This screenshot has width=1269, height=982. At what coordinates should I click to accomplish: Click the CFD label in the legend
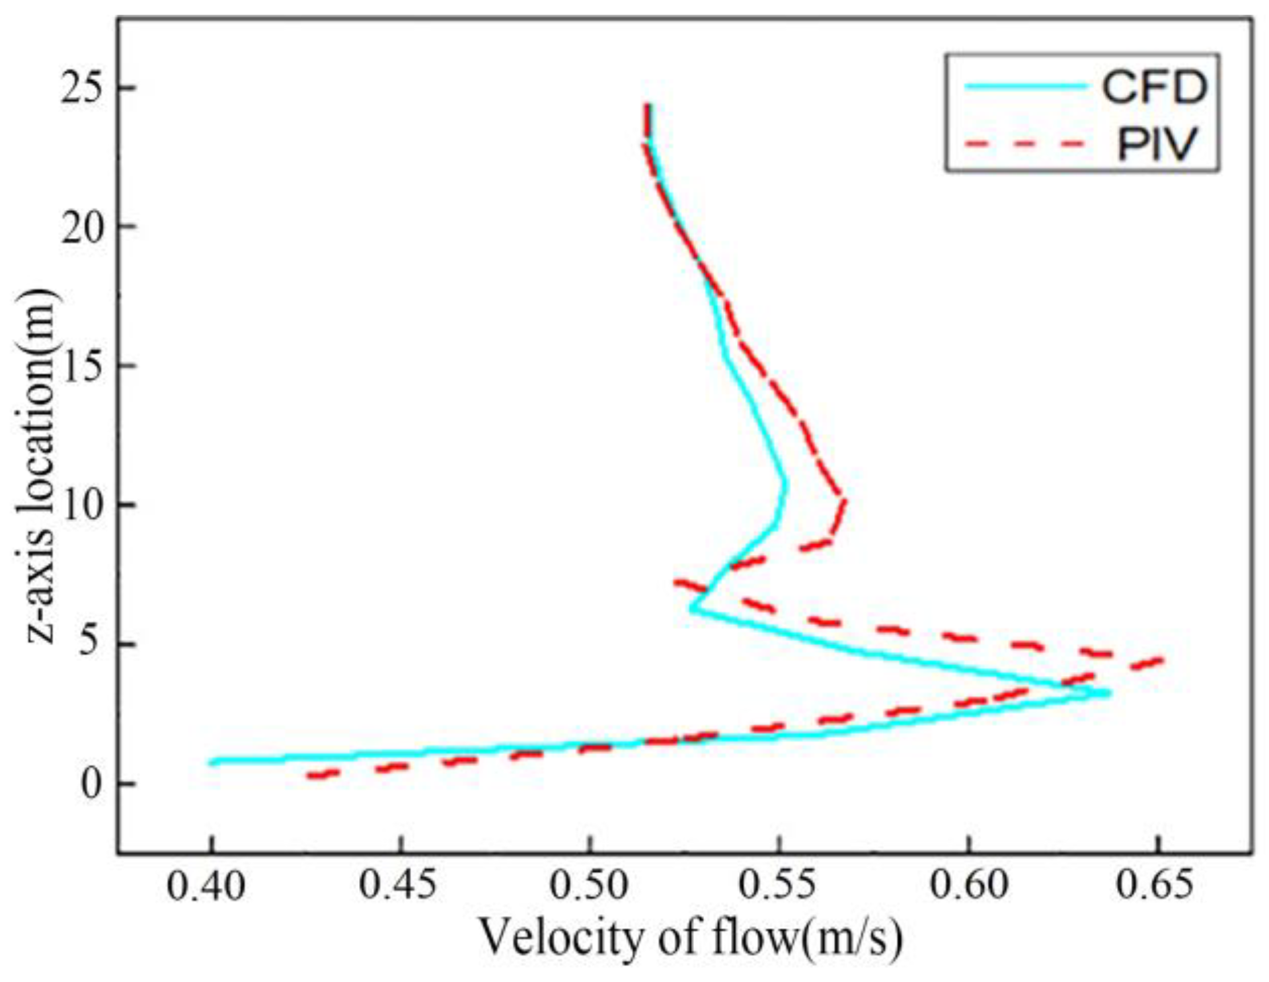pos(1154,87)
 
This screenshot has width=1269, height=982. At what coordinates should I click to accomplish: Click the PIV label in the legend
pos(1157,144)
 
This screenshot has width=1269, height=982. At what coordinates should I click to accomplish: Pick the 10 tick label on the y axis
pos(84,506)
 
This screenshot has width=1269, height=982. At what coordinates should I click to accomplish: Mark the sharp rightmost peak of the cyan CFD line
pos(1108,693)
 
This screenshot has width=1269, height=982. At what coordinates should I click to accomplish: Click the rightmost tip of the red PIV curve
pos(1161,661)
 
